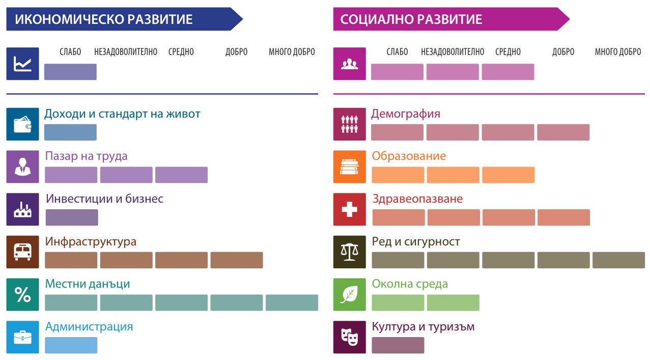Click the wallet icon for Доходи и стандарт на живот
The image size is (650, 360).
pyautogui.click(x=22, y=124)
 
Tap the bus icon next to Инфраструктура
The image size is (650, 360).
pyautogui.click(x=22, y=252)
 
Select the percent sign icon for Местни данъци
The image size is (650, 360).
pyautogui.click(x=22, y=295)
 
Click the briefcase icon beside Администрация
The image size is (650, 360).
pyautogui.click(x=22, y=337)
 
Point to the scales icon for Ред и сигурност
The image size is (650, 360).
pyautogui.click(x=349, y=252)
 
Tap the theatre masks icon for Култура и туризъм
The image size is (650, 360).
pyautogui.click(x=349, y=337)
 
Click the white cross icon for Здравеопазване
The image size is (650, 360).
pyautogui.click(x=349, y=209)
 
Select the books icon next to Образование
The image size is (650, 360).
pyautogui.click(x=349, y=167)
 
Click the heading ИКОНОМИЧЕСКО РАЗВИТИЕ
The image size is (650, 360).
pyautogui.click(x=104, y=19)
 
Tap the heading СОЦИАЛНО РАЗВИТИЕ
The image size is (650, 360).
pyautogui.click(x=411, y=19)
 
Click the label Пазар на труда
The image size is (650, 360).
pyautogui.click(x=86, y=156)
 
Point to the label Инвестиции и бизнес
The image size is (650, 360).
pyautogui.click(x=104, y=199)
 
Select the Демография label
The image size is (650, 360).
pyautogui.click(x=406, y=114)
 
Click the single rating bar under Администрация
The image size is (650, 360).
pyautogui.click(x=71, y=345)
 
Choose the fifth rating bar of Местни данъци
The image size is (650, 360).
pyautogui.click(x=292, y=303)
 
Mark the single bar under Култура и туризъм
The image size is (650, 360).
pyautogui.click(x=398, y=345)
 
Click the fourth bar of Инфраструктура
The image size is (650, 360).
pyautogui.click(x=237, y=260)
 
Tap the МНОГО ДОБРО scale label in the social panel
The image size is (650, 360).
pyautogui.click(x=618, y=52)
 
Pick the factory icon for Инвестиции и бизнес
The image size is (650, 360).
pyautogui.click(x=22, y=209)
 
